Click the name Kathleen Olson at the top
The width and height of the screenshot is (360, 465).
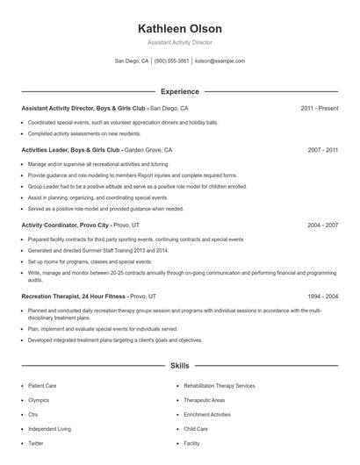click(179, 28)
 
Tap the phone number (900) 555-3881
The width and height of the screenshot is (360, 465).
click(172, 61)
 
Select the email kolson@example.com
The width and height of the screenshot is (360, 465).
click(220, 61)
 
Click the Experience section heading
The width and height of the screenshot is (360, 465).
click(179, 91)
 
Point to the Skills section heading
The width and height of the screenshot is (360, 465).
click(179, 365)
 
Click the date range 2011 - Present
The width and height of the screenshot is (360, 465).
click(319, 108)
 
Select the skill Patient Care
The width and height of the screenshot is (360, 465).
click(43, 386)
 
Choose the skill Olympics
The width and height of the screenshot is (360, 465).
click(39, 400)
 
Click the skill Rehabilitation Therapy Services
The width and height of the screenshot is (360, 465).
click(220, 386)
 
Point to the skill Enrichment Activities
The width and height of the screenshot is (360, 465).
click(207, 415)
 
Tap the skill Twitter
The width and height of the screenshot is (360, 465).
click(36, 444)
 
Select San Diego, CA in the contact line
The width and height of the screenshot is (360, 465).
click(132, 61)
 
